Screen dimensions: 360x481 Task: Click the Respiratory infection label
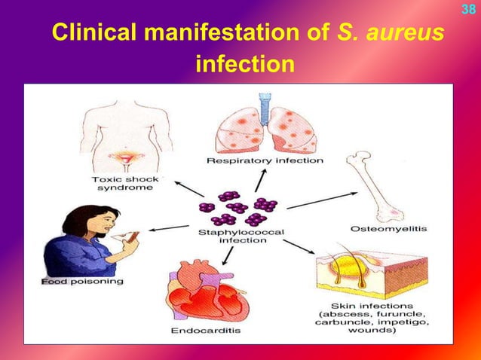pyautogui.click(x=265, y=160)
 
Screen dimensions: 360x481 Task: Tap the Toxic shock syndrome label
pyautogui.click(x=121, y=185)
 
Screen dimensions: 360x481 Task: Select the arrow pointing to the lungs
pyautogui.click(x=260, y=179)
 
